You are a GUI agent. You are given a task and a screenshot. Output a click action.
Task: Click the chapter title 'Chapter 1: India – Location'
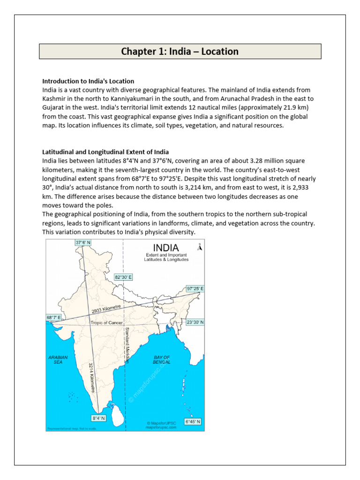tap(180, 52)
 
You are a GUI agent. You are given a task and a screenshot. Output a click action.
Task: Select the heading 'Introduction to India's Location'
tap(88, 81)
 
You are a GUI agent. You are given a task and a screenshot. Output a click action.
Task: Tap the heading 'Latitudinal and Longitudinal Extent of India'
tap(105, 152)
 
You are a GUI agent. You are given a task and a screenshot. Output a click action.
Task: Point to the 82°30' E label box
tap(124, 277)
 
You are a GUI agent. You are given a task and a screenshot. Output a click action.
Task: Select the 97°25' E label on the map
tap(195, 288)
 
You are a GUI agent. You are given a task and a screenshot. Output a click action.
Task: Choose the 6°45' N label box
tap(193, 421)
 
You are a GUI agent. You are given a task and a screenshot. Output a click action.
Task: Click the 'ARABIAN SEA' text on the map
tap(58, 360)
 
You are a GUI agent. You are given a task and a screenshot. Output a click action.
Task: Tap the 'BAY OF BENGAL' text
tap(162, 360)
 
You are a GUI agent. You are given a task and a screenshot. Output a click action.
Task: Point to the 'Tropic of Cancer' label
tap(106, 323)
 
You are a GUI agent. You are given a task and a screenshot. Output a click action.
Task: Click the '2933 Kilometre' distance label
tap(106, 309)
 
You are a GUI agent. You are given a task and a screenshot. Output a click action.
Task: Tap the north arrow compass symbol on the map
tap(199, 247)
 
